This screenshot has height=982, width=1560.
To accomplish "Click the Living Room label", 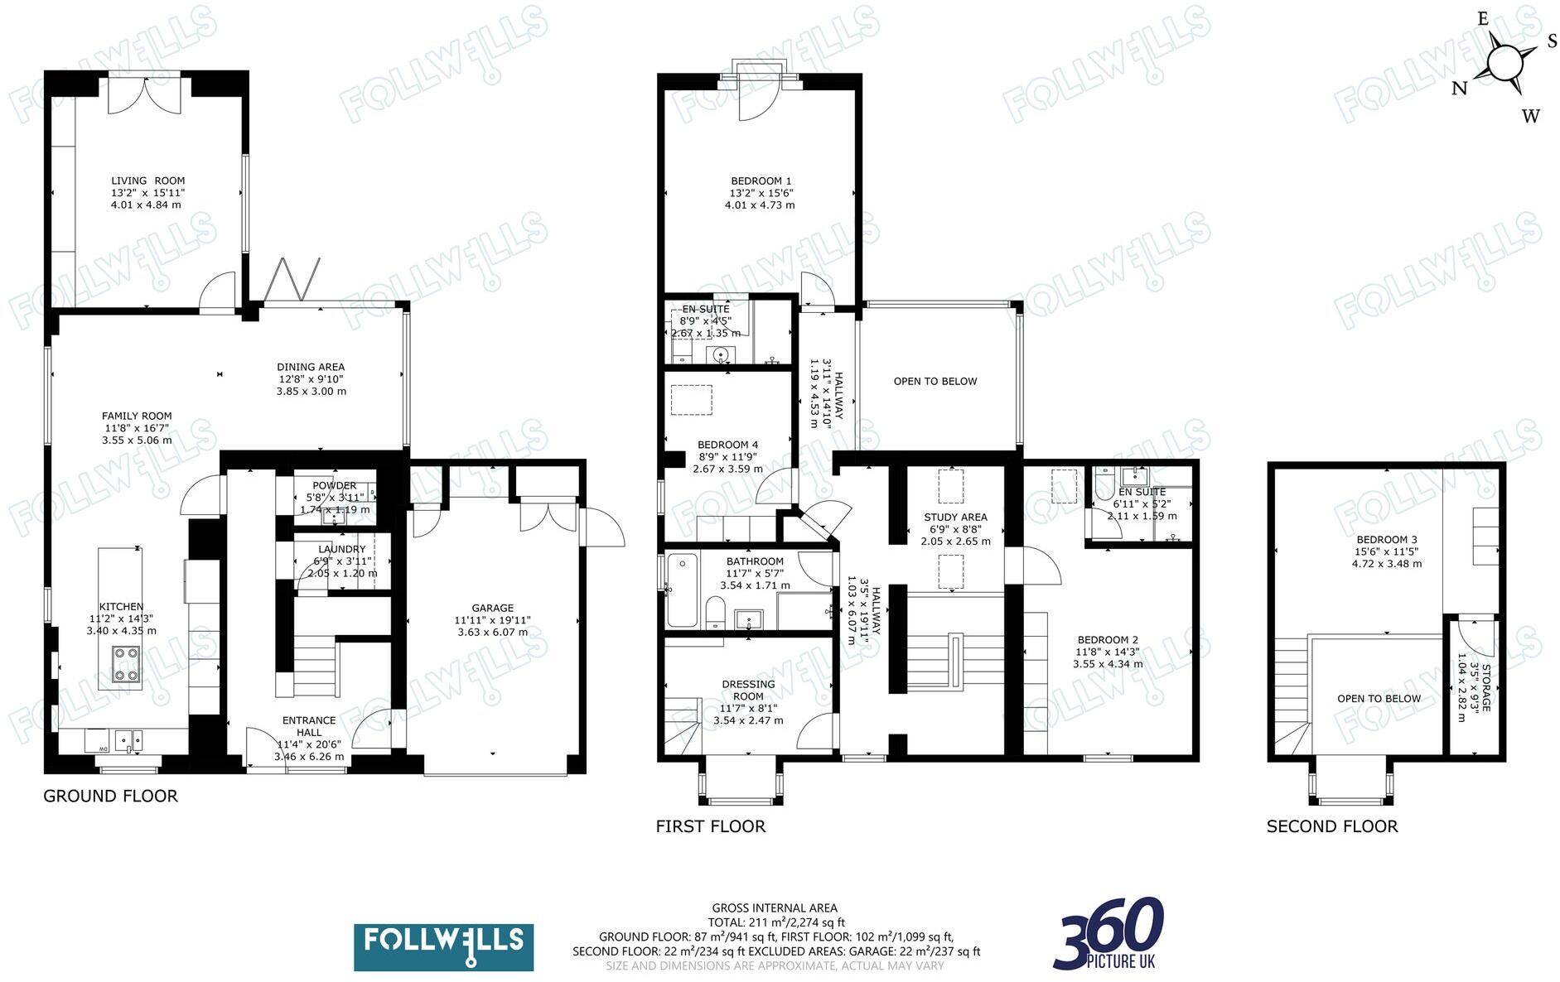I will (x=147, y=181).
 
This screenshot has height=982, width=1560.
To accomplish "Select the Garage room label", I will (x=492, y=608).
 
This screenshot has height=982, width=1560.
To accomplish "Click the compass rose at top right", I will (x=1505, y=64).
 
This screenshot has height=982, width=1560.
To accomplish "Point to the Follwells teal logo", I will (x=443, y=947).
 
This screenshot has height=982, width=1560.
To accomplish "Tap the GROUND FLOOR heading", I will (x=110, y=797).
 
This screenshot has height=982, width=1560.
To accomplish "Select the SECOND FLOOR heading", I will (x=1331, y=826).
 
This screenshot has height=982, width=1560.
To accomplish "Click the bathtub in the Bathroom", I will (x=682, y=590).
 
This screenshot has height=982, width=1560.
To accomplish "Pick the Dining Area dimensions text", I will (x=311, y=385).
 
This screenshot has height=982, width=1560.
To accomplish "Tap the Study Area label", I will (x=955, y=517).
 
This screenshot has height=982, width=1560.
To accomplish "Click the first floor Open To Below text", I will (x=935, y=382).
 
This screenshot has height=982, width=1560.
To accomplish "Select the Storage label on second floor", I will (x=1485, y=687).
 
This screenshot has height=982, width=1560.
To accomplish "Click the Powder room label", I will (x=334, y=486).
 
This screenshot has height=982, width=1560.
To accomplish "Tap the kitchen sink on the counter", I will (x=128, y=739).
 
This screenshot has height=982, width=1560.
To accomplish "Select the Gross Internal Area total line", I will (x=775, y=922).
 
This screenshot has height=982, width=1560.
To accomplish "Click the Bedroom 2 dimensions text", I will (x=1107, y=657).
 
